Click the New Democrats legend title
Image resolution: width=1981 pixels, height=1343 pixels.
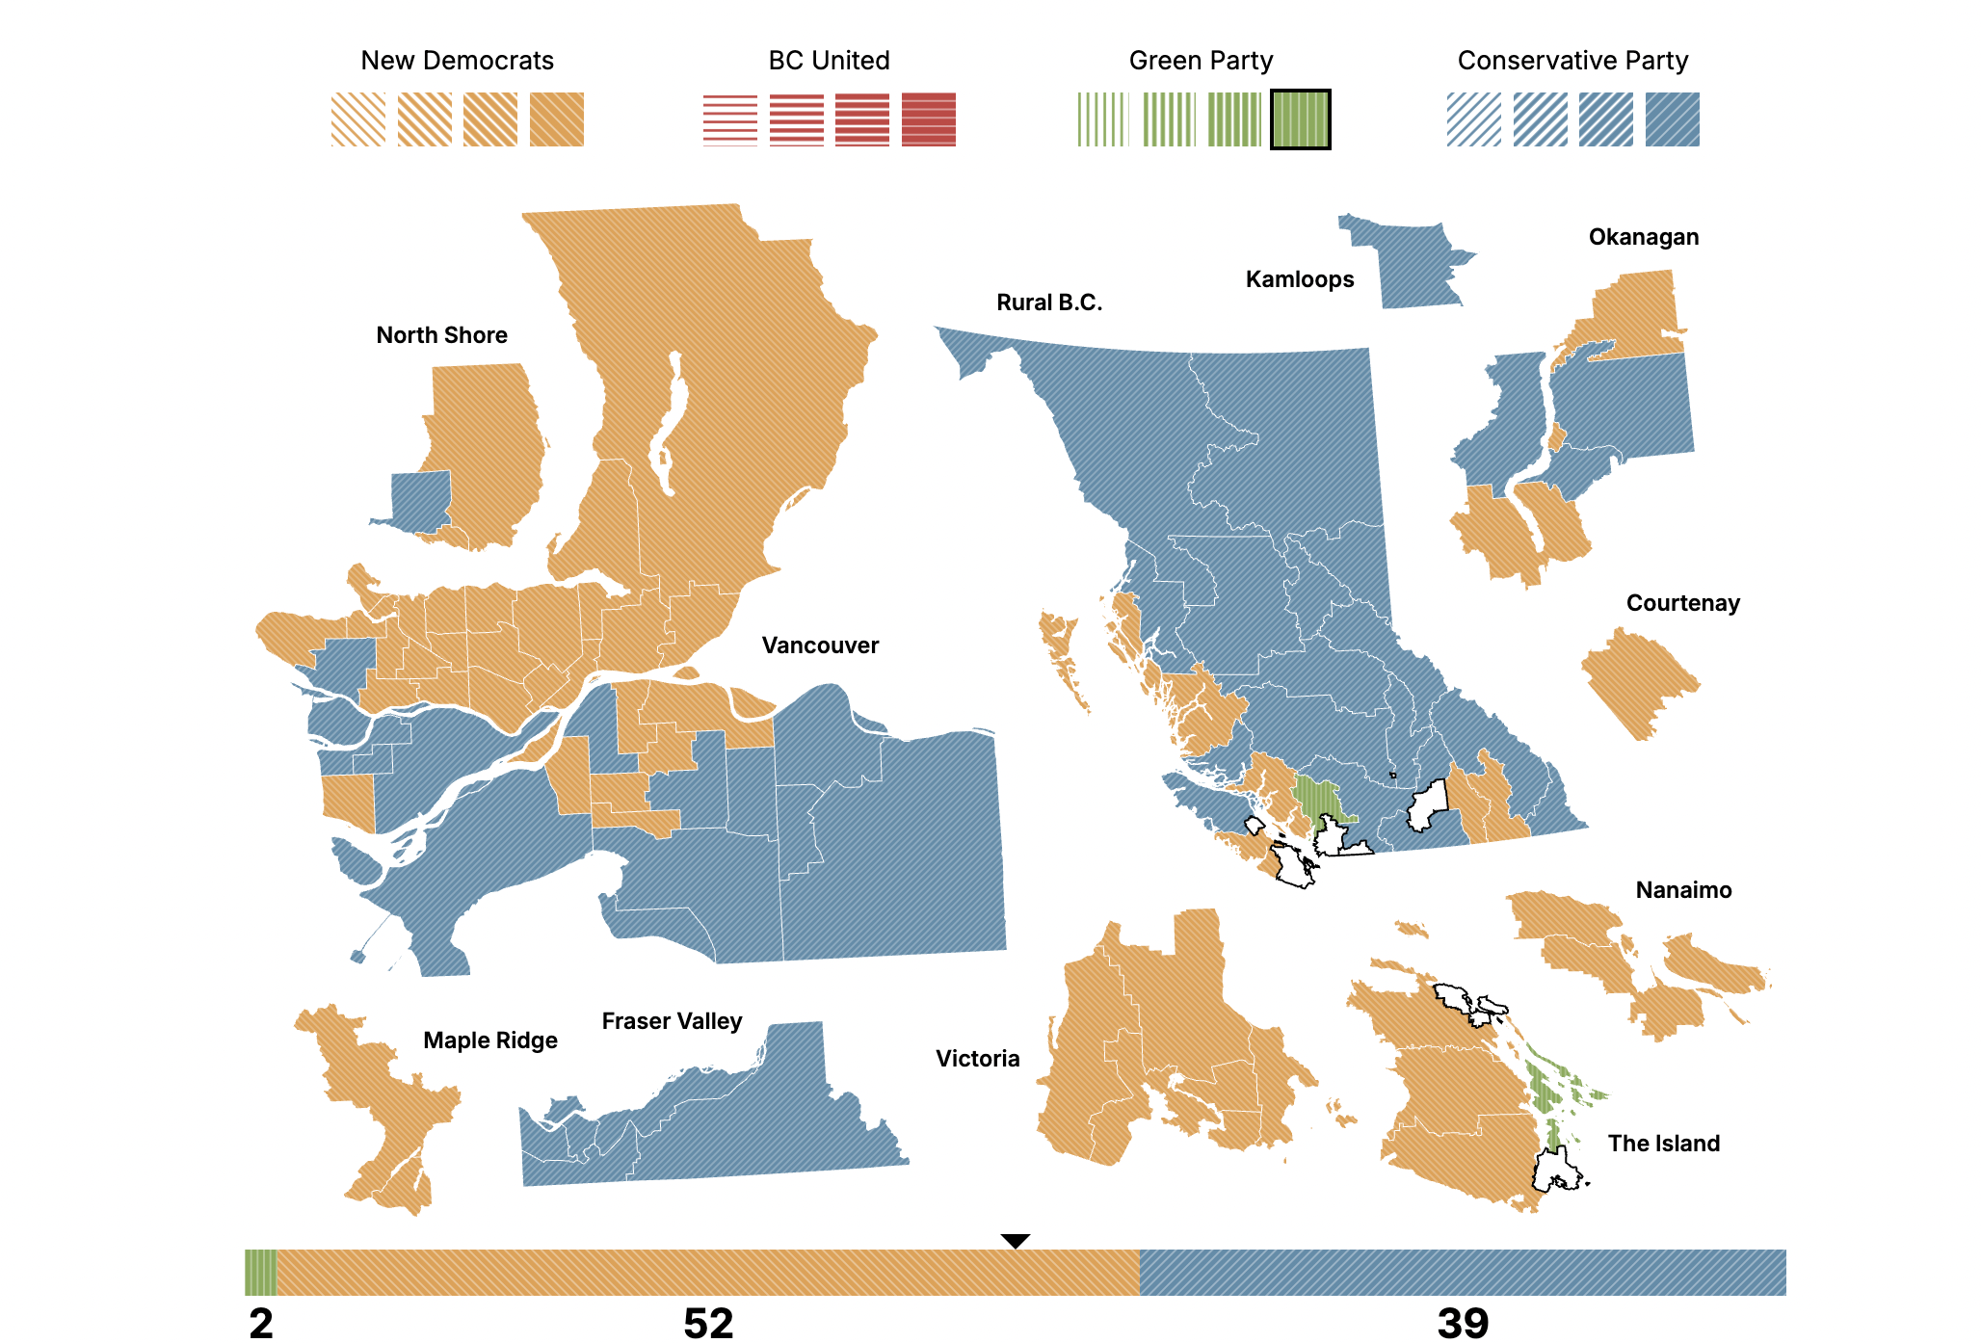[457, 61]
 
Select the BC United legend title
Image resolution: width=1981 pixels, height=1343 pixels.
[829, 61]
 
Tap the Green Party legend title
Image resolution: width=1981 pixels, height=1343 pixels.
[1201, 61]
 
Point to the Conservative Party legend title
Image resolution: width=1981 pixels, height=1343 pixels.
[1572, 61]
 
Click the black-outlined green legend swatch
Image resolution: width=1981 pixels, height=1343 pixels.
[1300, 119]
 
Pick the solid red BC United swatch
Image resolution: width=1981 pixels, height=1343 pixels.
[929, 119]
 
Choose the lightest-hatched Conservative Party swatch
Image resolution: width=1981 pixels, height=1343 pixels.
[1473, 119]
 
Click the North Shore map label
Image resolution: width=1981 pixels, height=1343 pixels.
[441, 335]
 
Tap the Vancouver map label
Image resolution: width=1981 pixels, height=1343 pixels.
[820, 645]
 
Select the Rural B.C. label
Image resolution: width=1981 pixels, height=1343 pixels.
[1049, 303]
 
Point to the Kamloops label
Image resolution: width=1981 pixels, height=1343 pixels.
[1300, 279]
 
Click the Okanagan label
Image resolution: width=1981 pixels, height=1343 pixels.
[1644, 237]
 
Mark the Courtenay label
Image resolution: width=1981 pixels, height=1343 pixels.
[1683, 603]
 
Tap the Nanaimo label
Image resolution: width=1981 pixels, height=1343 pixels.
[1683, 890]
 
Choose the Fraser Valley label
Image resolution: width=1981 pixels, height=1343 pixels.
[672, 1021]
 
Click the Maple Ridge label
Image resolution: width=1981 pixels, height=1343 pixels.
[490, 1040]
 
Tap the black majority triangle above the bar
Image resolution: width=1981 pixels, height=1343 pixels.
[1016, 1241]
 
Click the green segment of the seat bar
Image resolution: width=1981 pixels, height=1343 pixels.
[260, 1273]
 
